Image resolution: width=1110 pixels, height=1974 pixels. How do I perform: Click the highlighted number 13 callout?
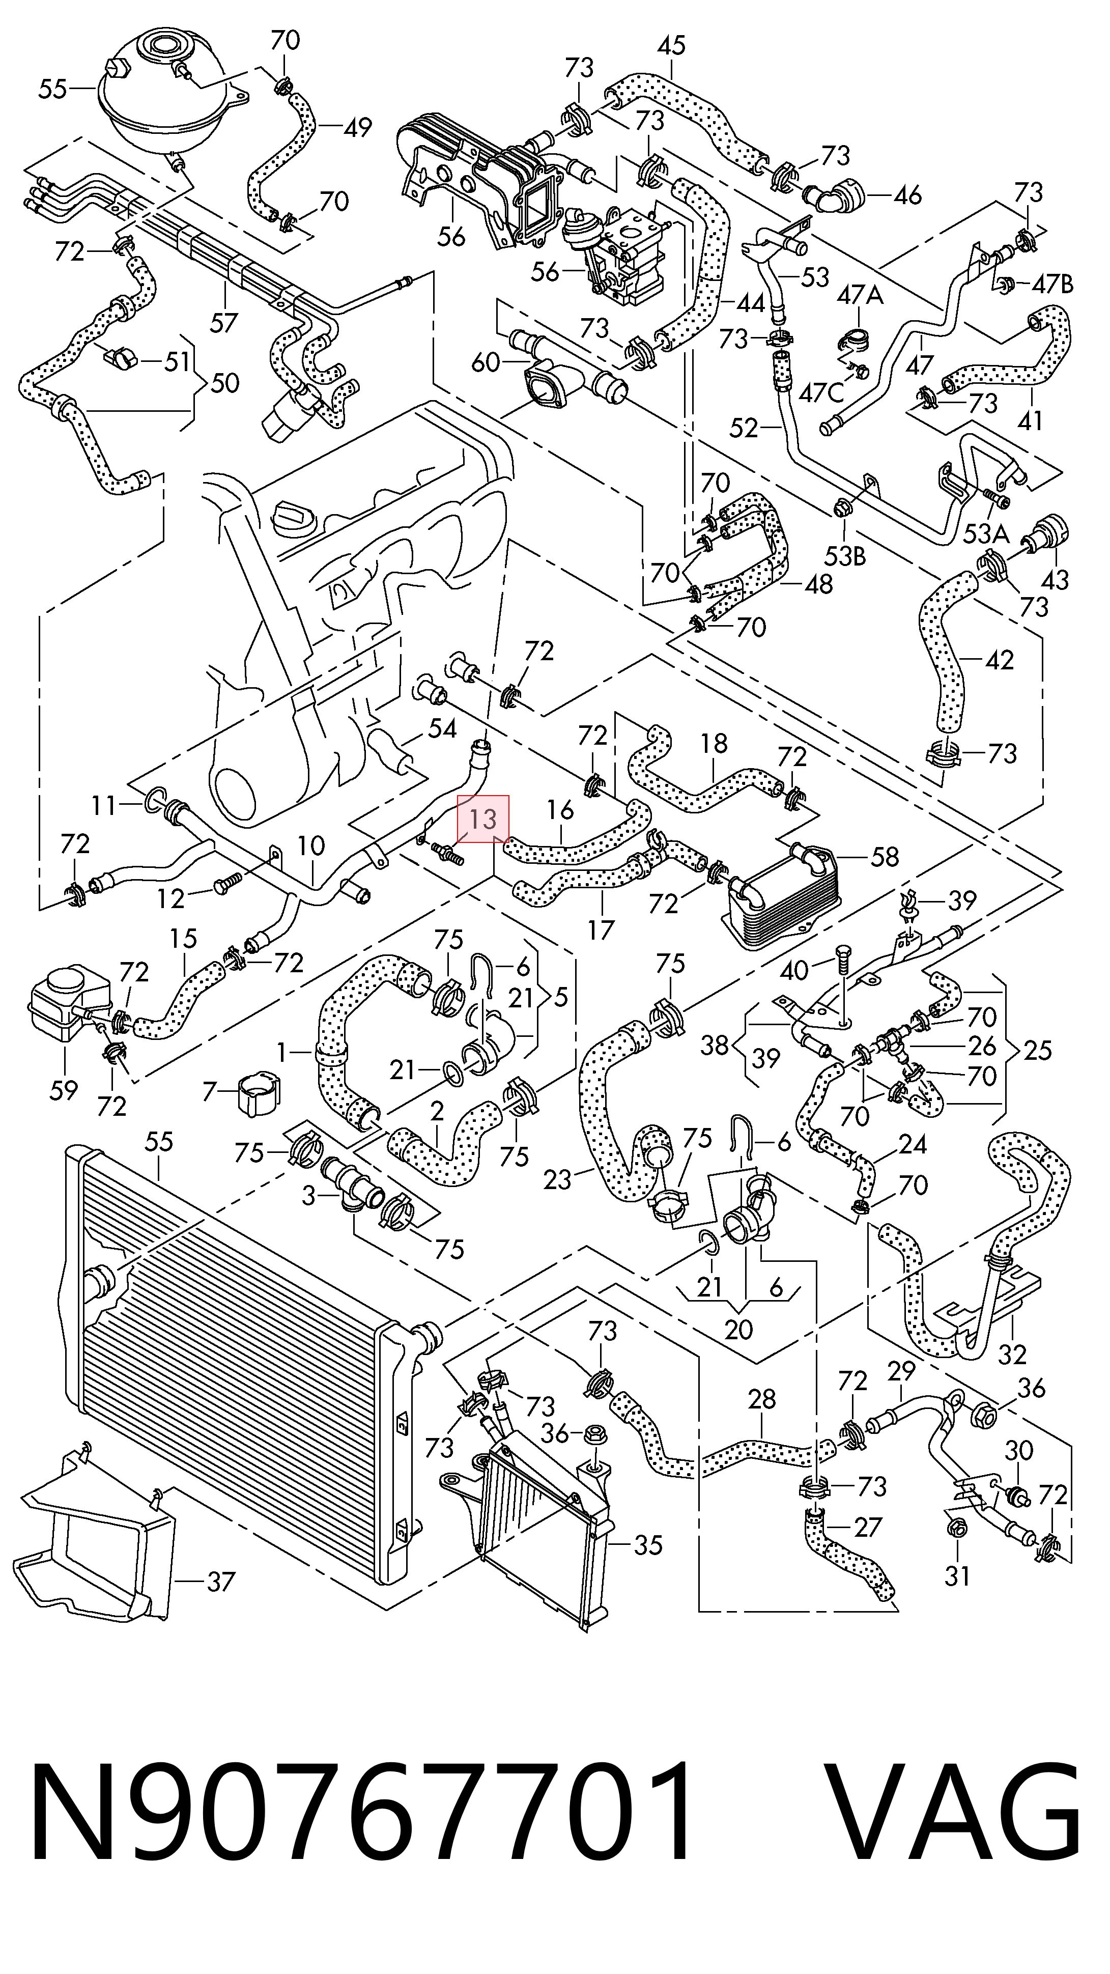[x=482, y=819]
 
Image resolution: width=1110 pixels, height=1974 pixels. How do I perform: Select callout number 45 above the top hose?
[x=671, y=46]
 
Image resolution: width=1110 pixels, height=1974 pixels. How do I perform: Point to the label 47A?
[x=860, y=294]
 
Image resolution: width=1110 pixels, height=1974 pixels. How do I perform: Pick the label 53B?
[x=844, y=555]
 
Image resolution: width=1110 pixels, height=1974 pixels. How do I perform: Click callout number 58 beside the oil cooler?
[x=884, y=857]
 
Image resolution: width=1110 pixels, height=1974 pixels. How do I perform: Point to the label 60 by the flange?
[x=486, y=362]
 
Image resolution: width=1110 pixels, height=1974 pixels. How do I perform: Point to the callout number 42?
[x=998, y=660]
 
